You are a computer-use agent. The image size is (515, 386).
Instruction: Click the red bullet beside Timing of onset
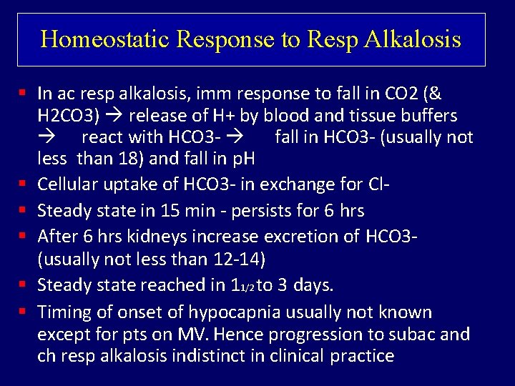pyautogui.click(x=24, y=312)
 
